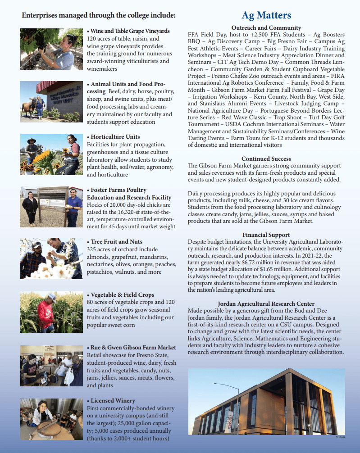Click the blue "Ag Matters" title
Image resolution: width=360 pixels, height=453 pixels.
pyautogui.click(x=266, y=15)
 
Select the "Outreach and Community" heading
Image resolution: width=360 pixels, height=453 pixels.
pyautogui.click(x=266, y=28)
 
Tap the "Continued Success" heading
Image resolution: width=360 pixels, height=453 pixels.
pyautogui.click(x=266, y=159)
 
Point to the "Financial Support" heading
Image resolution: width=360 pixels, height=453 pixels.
pyautogui.click(x=266, y=235)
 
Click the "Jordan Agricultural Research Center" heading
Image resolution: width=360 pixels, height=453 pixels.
pyautogui.click(x=266, y=304)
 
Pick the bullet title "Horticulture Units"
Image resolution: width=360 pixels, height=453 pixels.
pyautogui.click(x=115, y=137)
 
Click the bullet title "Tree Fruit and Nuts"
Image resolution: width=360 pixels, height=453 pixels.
pyautogui.click(x=116, y=242)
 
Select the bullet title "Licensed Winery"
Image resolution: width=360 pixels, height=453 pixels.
pyautogui.click(x=113, y=400)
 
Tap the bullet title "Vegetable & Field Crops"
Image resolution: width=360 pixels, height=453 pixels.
pyautogui.click(x=123, y=295)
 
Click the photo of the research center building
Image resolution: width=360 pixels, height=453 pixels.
pyautogui.click(x=266, y=401)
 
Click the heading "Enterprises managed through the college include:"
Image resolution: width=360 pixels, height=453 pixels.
pyautogui.click(x=99, y=16)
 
